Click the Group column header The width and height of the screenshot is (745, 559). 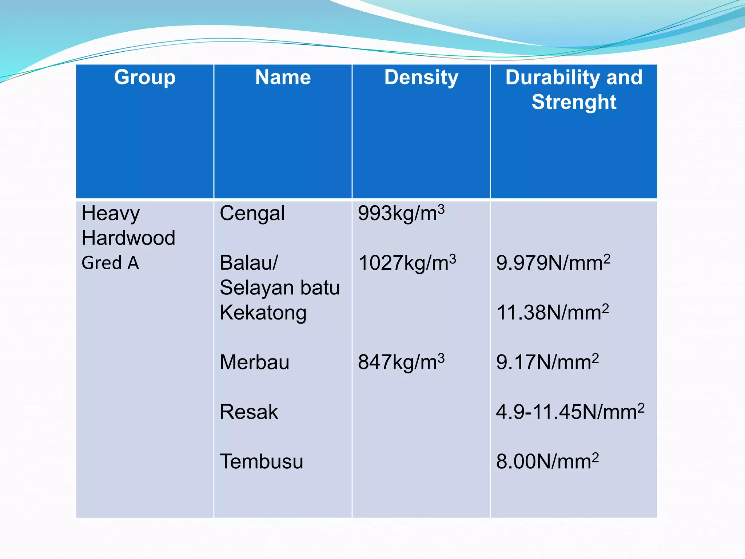tap(145, 78)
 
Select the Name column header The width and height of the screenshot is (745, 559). tap(283, 78)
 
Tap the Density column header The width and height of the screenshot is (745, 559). tap(421, 78)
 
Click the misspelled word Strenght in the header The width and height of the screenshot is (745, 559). tap(574, 102)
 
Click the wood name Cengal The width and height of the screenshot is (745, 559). tap(252, 214)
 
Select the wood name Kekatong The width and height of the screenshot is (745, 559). tap(263, 313)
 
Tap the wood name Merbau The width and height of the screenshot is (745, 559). tap(255, 362)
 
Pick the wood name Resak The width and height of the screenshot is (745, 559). tap(249, 412)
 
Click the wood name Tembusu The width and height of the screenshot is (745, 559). tap(261, 462)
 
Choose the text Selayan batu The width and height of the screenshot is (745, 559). tap(280, 288)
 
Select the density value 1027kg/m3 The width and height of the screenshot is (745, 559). tap(407, 263)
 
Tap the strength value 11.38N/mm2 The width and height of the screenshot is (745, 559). tap(552, 313)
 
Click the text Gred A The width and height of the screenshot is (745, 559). tap(110, 263)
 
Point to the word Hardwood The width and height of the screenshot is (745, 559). tap(128, 238)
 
